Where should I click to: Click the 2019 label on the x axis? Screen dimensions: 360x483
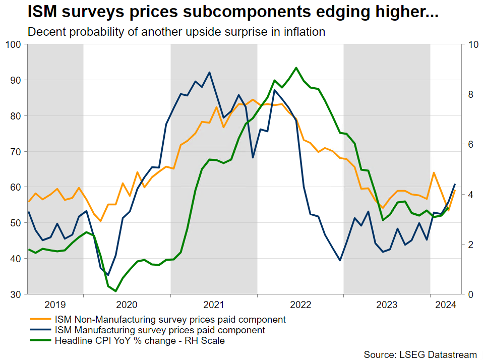[x=55, y=305]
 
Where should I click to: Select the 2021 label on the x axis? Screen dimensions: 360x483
[x=213, y=305]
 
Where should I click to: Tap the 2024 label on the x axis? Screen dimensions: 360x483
[x=446, y=305]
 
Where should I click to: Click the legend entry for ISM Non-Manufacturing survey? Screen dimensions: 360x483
[x=169, y=319]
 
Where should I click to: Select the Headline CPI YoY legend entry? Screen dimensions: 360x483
[x=139, y=341]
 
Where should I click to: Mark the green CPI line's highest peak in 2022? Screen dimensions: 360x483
[x=296, y=68]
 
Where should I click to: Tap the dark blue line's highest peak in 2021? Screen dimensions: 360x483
[x=209, y=72]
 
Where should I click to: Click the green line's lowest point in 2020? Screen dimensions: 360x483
[x=115, y=291]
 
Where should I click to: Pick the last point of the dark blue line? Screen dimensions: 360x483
[x=455, y=184]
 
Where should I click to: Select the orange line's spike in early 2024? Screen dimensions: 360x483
[x=434, y=172]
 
